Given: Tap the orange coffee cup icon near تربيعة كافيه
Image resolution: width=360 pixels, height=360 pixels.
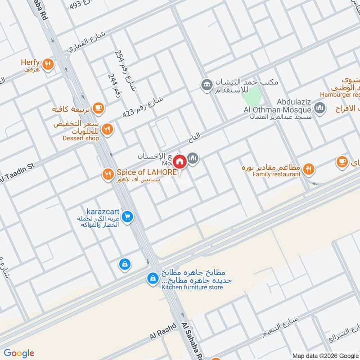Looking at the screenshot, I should pos(99,108).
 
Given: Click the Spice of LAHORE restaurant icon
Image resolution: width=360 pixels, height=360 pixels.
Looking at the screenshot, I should pos(108,173).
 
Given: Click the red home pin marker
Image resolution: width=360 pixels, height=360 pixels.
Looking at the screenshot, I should pos(180,161).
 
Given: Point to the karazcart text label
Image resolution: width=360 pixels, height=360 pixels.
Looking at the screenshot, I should pos(102,211).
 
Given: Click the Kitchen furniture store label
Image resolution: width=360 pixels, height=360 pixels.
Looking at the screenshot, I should pos(192,287).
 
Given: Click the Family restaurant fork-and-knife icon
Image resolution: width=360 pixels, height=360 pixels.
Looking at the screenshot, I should pos(308,169).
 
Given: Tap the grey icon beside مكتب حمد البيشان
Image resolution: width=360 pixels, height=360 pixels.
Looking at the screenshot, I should pos(207,85).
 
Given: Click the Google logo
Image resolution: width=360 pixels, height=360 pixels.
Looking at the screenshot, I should pos(19,353).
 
